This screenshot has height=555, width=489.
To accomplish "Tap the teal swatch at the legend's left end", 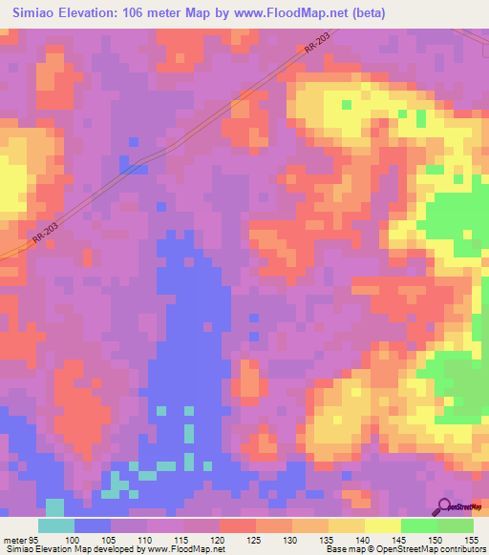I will click(x=56, y=525).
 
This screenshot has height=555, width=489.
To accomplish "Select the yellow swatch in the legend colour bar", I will click(x=382, y=525).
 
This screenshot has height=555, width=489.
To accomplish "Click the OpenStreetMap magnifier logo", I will click(x=445, y=505).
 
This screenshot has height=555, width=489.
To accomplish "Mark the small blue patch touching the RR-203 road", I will click(x=133, y=165).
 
